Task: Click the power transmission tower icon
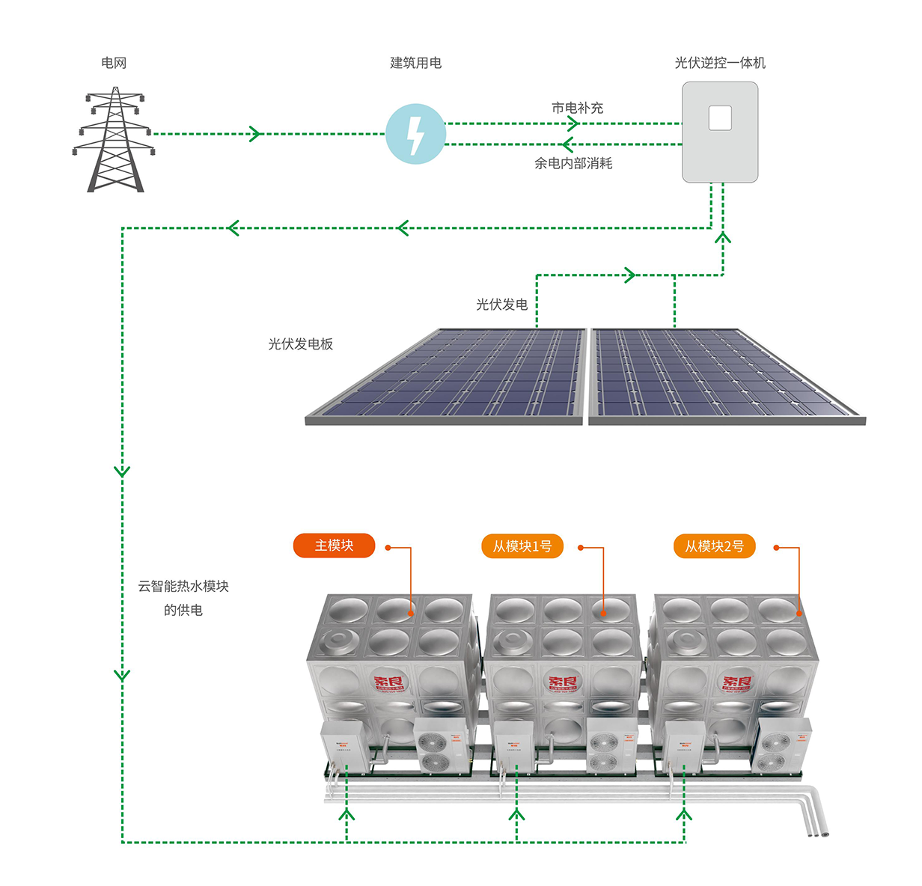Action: pyautogui.click(x=115, y=140)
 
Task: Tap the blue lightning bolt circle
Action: pyautogui.click(x=415, y=134)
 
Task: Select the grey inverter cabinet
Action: pyautogui.click(x=720, y=132)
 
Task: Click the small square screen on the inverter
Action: pyautogui.click(x=720, y=118)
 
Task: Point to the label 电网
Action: pyautogui.click(x=114, y=63)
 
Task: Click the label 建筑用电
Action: pyautogui.click(x=415, y=63)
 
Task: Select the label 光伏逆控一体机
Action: pyautogui.click(x=720, y=63)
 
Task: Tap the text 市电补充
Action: pyautogui.click(x=577, y=108)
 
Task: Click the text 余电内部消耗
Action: pyautogui.click(x=573, y=163)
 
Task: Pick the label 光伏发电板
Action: pyautogui.click(x=300, y=344)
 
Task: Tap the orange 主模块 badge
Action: pyautogui.click(x=334, y=546)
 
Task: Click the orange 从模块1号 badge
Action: pyautogui.click(x=522, y=546)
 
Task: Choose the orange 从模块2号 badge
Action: pyautogui.click(x=715, y=546)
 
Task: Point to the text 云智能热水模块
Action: pyautogui.click(x=183, y=587)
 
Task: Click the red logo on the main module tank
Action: pyautogui.click(x=388, y=682)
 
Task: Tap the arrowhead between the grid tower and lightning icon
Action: pyautogui.click(x=255, y=134)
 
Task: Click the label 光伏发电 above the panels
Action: pyautogui.click(x=502, y=305)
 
